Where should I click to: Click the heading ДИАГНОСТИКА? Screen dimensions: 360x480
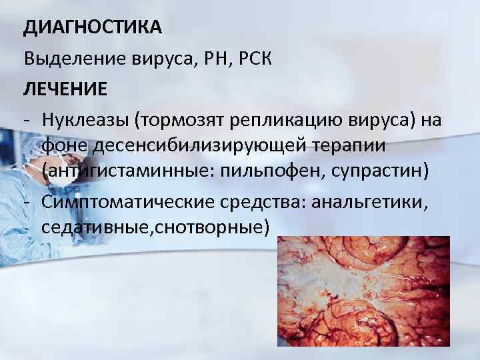93,27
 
